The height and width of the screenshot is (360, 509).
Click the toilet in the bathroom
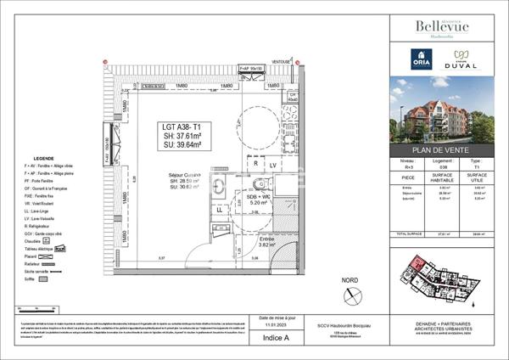[259, 183]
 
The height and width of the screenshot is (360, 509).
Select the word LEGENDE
[43, 160]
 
